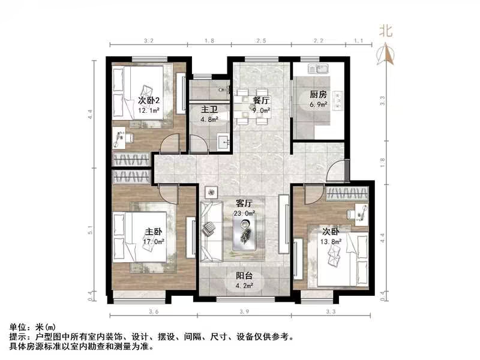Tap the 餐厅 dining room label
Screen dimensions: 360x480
[x=261, y=100]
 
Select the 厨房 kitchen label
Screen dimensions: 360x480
[x=318, y=95]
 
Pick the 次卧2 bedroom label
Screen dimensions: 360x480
[x=148, y=100]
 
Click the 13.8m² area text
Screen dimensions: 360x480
[x=331, y=241]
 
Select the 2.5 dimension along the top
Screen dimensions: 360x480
[x=260, y=41]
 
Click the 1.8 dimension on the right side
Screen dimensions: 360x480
[x=382, y=160]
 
